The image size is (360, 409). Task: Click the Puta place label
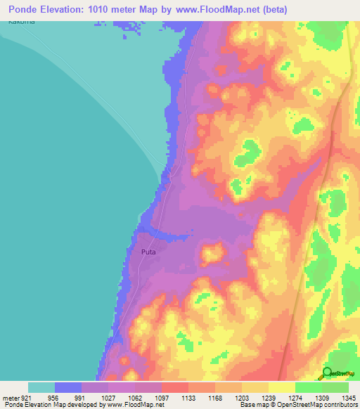coord(148,251)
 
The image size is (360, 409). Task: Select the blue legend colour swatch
coord(68,387)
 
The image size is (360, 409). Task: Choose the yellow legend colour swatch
coord(282,387)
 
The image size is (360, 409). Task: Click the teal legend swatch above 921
coord(41,387)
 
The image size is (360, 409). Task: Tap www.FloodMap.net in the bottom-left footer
coord(133,405)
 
